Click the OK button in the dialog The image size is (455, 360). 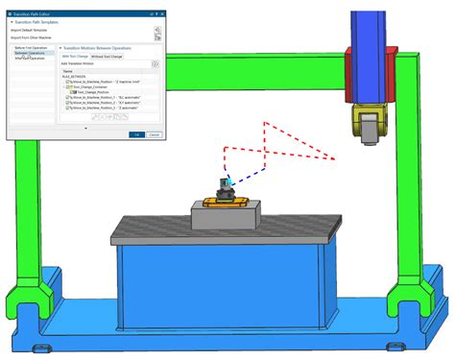(x=135, y=134)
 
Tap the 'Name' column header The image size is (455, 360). (x=67, y=71)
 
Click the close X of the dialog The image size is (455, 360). (x=156, y=13)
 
